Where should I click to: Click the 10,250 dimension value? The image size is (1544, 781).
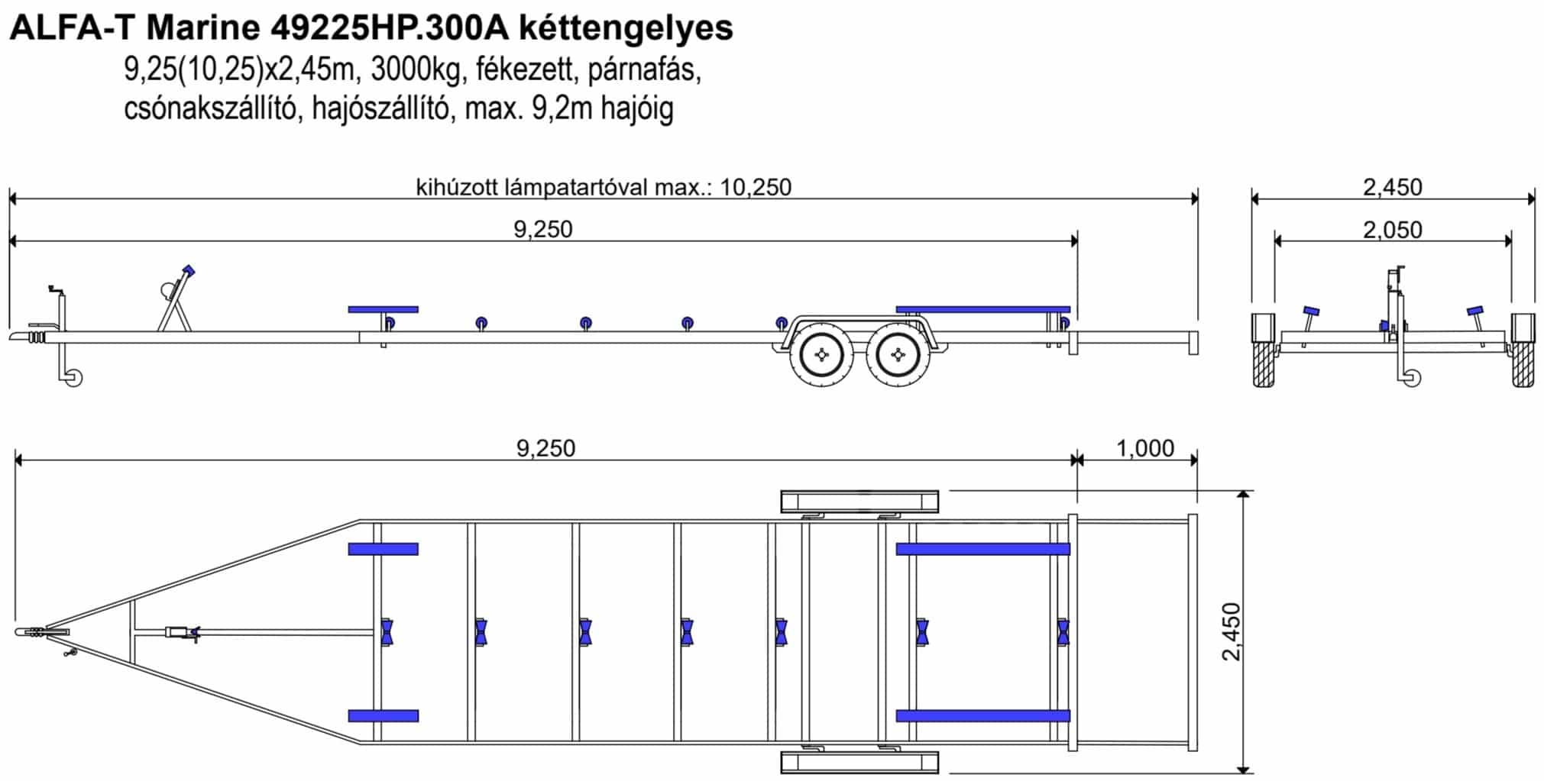point(756,187)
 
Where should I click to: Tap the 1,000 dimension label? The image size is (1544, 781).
point(1145,448)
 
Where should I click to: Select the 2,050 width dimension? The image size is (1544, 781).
point(1393,230)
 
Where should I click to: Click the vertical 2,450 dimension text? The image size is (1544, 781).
point(1231,631)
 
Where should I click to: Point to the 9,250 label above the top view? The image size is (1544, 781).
point(545,448)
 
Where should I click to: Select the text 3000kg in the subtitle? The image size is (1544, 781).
point(416,70)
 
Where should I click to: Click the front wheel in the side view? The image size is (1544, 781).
point(822,355)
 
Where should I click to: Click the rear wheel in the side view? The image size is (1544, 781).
point(898,355)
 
